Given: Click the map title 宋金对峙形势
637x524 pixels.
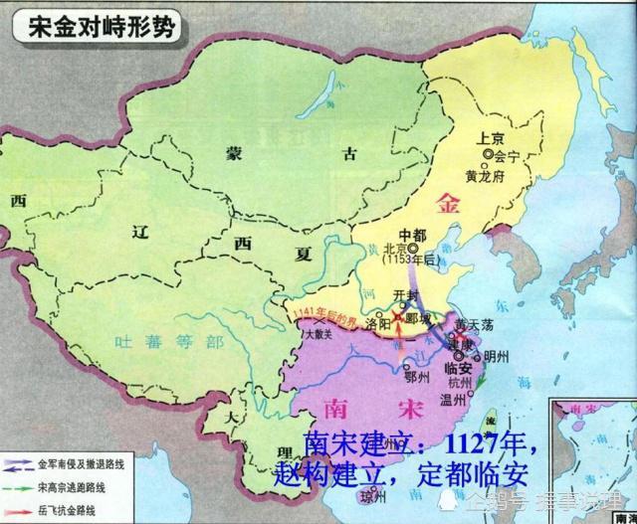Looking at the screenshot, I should pos(95,25).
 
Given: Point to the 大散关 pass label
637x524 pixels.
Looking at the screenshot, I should pos(318,336).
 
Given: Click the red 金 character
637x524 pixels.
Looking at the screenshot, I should pos(450,206).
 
